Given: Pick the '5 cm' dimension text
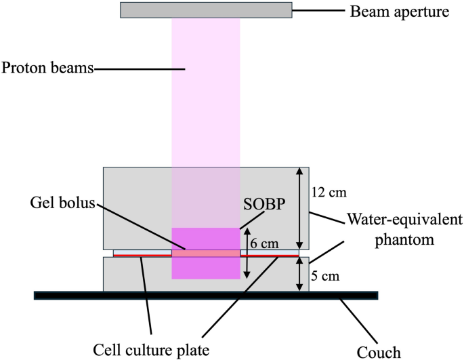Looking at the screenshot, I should coord(324,277).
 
